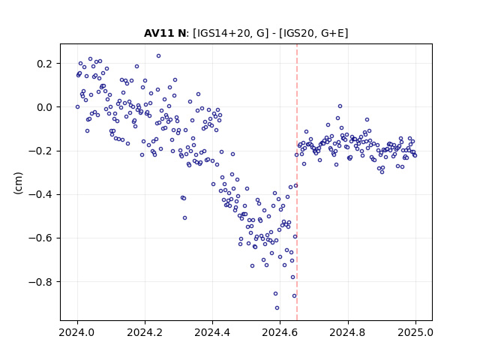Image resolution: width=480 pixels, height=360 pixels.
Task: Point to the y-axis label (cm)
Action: coord(18,183)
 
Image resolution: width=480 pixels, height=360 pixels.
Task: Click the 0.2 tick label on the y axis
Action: coord(44,64)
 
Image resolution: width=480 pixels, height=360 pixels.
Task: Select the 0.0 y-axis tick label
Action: coord(44,107)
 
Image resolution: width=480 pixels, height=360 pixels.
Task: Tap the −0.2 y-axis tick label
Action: coord(40,151)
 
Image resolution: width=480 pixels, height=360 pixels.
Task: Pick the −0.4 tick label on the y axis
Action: coord(40,195)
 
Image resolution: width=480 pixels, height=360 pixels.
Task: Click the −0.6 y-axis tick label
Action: coord(40,238)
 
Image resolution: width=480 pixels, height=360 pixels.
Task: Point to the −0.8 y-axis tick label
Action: coord(40,282)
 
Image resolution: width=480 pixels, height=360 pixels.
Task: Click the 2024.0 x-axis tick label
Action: coord(77,332)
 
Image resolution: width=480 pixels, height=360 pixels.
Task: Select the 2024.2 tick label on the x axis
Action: coord(145,332)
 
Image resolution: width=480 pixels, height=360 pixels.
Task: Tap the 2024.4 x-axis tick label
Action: coord(212,332)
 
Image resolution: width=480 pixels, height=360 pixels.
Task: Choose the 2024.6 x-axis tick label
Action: coord(280,332)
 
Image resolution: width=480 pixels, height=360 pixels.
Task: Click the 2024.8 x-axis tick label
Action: coord(348,332)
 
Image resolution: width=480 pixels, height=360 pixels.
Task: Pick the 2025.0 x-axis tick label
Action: coord(415,332)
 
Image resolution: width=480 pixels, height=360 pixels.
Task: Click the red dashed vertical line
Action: coord(297,182)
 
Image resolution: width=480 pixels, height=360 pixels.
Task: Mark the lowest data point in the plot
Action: coord(277,308)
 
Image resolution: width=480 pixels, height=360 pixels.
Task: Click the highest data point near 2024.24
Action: coord(158,56)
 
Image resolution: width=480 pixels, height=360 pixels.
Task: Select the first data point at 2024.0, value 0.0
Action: coord(77,106)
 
